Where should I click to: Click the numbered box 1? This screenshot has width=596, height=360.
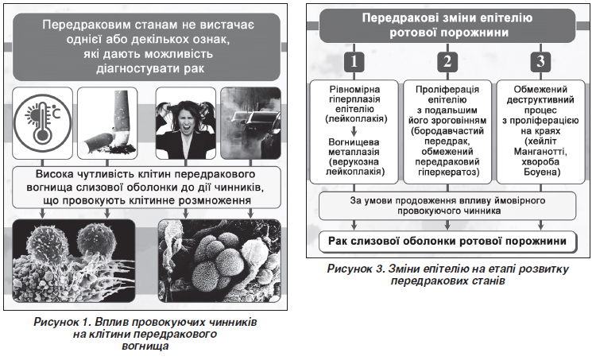356,61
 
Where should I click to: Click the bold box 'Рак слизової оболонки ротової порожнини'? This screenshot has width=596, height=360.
449,241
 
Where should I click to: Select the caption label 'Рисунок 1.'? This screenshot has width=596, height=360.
64,323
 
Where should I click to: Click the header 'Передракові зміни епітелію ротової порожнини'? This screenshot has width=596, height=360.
449,25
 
